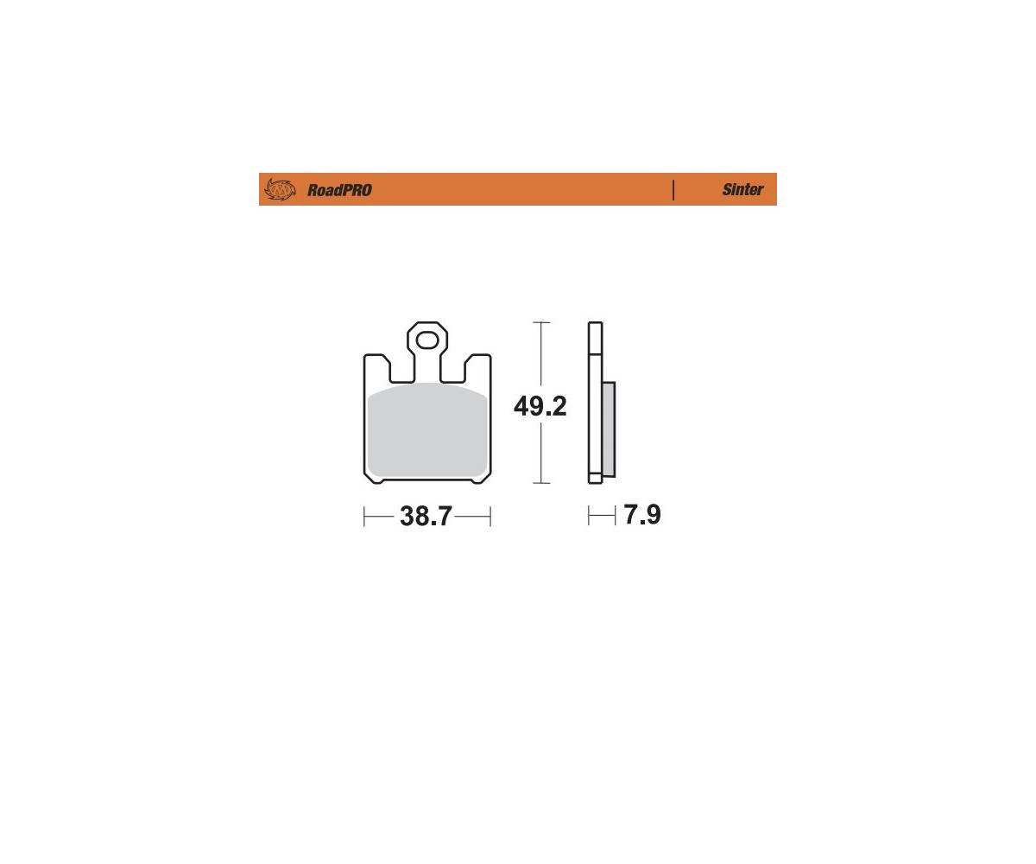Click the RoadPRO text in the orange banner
click(x=339, y=190)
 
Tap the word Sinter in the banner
click(x=742, y=189)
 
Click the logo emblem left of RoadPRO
click(x=280, y=189)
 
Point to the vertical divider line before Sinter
click(x=673, y=190)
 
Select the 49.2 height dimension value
click(x=540, y=406)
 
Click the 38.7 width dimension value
click(x=426, y=516)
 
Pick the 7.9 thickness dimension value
click(x=642, y=514)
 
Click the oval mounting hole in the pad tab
click(x=426, y=340)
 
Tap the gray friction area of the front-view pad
click(x=427, y=430)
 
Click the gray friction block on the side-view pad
click(x=609, y=429)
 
